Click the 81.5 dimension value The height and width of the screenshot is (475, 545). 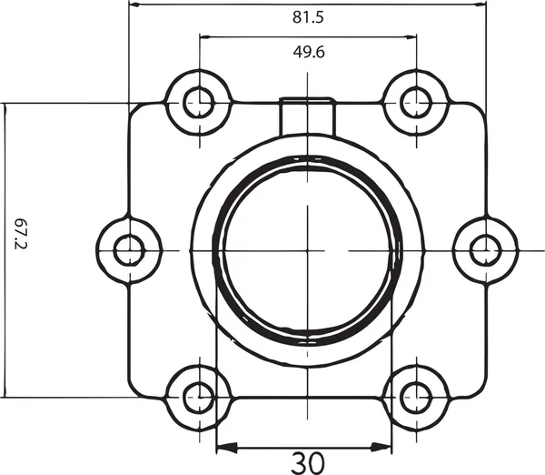pyautogui.click(x=308, y=17)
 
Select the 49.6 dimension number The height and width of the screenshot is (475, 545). pyautogui.click(x=309, y=52)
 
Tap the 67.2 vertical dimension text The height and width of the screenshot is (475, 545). pyautogui.click(x=21, y=234)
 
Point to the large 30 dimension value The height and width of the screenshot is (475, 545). pyautogui.click(x=308, y=463)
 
